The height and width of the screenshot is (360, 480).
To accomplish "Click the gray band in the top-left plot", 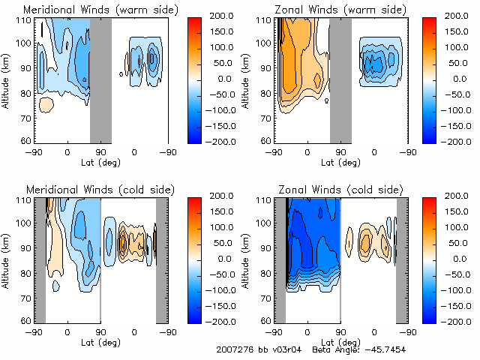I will (100, 79).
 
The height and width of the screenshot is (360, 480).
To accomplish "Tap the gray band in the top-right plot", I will (340, 79).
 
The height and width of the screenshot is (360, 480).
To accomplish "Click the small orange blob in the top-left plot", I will (46, 105).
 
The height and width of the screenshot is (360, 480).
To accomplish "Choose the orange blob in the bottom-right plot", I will (365, 241).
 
